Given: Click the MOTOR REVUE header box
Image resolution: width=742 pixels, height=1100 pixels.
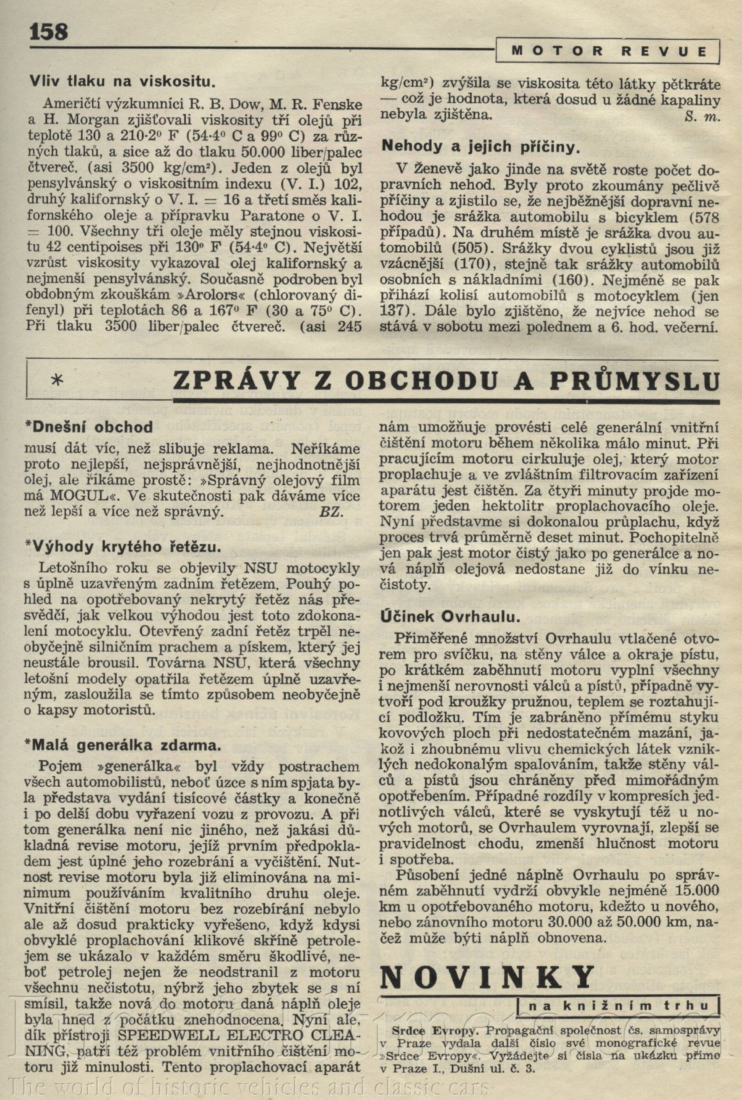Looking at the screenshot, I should click(x=609, y=51).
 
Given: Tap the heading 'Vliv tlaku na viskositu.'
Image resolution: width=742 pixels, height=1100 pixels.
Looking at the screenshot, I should click(x=123, y=82).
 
